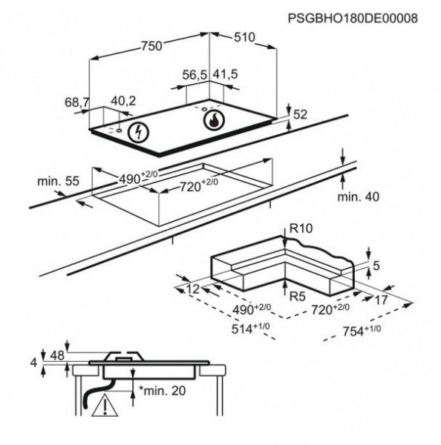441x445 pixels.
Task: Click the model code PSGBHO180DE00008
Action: [353, 19]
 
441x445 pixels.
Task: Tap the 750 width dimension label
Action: [151, 46]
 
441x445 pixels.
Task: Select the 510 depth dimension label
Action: [244, 37]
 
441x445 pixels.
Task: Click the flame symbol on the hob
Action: [214, 120]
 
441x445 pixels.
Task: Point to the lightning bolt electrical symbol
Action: [138, 132]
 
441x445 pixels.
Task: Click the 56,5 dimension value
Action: [195, 75]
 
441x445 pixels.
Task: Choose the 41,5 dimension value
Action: [225, 74]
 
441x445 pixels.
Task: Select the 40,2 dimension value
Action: [123, 101]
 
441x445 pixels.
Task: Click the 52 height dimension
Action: [300, 115]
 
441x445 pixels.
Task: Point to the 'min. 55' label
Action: [58, 181]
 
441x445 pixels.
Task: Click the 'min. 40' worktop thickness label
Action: [358, 197]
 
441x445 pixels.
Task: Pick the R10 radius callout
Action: [301, 228]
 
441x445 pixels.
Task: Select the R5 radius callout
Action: [297, 296]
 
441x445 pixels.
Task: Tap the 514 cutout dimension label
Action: [250, 329]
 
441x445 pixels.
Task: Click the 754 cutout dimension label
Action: [362, 330]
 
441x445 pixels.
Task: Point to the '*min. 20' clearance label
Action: [163, 391]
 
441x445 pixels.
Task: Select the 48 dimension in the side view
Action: [57, 355]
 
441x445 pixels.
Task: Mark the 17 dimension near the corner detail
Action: [381, 300]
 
